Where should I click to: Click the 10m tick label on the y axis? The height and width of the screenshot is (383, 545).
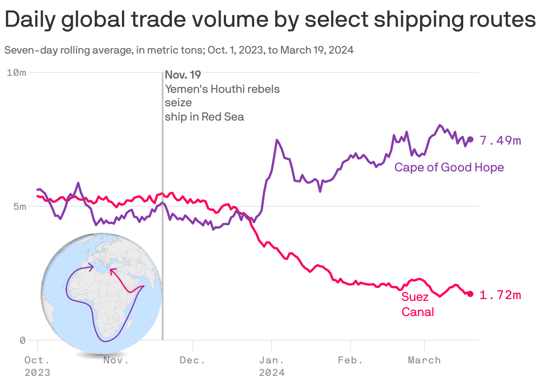[17, 72]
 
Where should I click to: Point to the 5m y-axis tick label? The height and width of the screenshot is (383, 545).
[20, 207]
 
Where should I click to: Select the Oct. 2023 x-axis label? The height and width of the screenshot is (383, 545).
[37, 366]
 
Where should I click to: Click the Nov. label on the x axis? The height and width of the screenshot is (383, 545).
[116, 360]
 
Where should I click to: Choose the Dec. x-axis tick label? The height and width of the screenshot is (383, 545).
[193, 360]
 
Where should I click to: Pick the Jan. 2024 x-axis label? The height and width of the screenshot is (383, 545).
[271, 366]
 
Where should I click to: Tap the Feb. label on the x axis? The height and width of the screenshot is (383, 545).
[350, 360]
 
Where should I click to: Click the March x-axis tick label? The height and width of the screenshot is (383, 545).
[424, 360]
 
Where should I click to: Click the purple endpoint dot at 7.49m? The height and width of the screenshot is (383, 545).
[470, 139]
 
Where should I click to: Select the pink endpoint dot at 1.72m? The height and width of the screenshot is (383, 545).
[470, 294]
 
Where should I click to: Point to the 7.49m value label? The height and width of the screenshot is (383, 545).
[500, 141]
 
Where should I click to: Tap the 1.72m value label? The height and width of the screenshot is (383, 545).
[500, 295]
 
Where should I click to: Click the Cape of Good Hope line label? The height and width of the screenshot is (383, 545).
[449, 167]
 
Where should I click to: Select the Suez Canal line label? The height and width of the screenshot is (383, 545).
[417, 304]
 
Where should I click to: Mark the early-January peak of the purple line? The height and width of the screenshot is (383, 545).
[277, 140]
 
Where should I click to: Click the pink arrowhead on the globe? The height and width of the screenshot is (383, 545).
[112, 270]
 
